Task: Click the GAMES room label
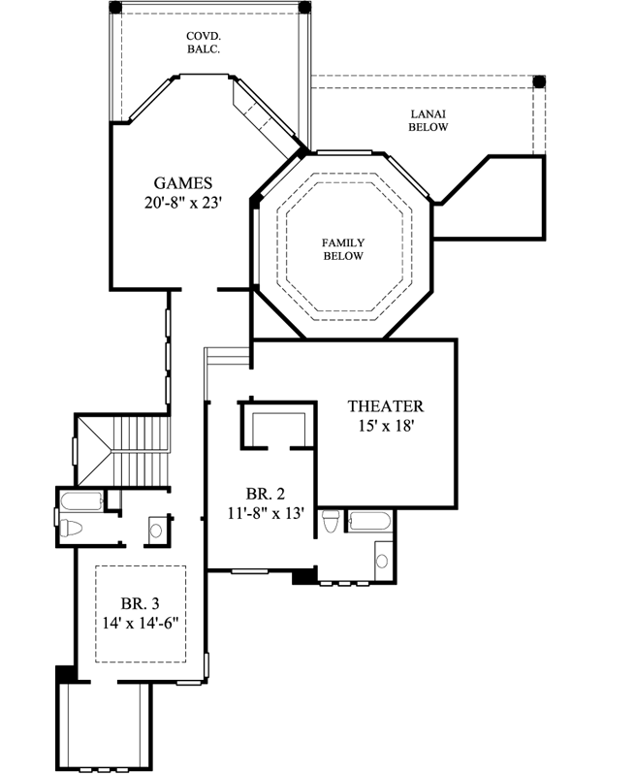click(x=183, y=182)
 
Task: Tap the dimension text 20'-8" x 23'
click(x=183, y=204)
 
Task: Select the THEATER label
click(x=386, y=406)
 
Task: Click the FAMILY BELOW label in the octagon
click(x=343, y=249)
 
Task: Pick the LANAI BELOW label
click(x=428, y=119)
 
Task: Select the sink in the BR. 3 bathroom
click(x=157, y=530)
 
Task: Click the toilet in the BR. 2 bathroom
click(x=332, y=522)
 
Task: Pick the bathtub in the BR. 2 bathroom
click(x=369, y=521)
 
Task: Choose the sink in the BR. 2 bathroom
click(x=381, y=560)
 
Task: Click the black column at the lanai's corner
click(x=541, y=81)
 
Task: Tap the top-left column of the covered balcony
click(x=114, y=7)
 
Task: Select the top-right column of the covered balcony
click(x=304, y=7)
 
